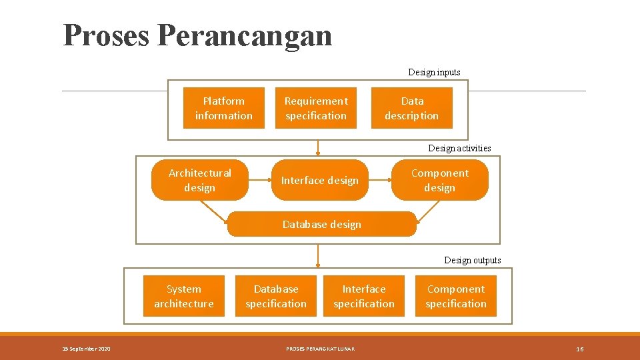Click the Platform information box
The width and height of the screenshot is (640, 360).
click(224, 108)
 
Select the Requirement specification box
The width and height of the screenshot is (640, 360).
click(316, 108)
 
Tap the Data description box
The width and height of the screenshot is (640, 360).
click(411, 108)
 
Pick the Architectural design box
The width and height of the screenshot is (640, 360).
click(200, 180)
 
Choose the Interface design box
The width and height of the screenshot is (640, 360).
click(320, 180)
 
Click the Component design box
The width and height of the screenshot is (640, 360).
click(440, 180)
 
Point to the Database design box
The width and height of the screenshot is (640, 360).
click(322, 224)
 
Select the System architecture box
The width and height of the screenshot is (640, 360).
click(184, 296)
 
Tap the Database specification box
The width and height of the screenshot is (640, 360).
click(276, 296)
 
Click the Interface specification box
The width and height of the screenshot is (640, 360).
click(364, 296)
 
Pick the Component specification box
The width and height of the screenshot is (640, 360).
click(456, 296)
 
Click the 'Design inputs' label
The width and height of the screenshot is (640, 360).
click(434, 72)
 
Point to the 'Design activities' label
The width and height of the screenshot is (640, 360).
click(459, 148)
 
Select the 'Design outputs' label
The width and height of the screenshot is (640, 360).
click(473, 260)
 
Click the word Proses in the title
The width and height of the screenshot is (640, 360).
click(107, 35)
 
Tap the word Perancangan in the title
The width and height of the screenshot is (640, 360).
click(245, 35)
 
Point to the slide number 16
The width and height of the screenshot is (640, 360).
click(580, 349)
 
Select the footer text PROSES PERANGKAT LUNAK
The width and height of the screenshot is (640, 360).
click(320, 349)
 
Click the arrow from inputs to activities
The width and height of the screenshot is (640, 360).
click(318, 147)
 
